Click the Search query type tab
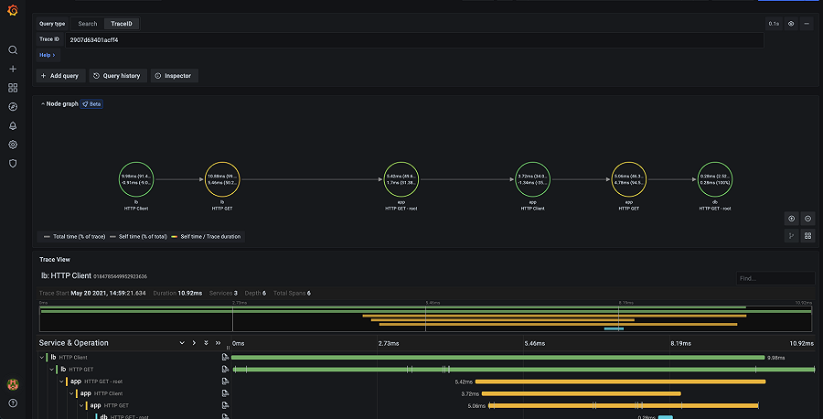[x=87, y=24]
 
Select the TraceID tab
[x=123, y=24]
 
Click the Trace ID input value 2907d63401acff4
[x=93, y=40]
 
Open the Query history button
[x=116, y=76]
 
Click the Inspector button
[x=173, y=76]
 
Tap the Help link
[x=47, y=55]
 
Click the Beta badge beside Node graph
[x=91, y=104]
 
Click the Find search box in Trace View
[x=775, y=278]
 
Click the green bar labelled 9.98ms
[x=497, y=358]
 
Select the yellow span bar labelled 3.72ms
[x=581, y=393]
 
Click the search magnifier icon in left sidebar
[x=13, y=50]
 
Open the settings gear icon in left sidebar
[x=13, y=145]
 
